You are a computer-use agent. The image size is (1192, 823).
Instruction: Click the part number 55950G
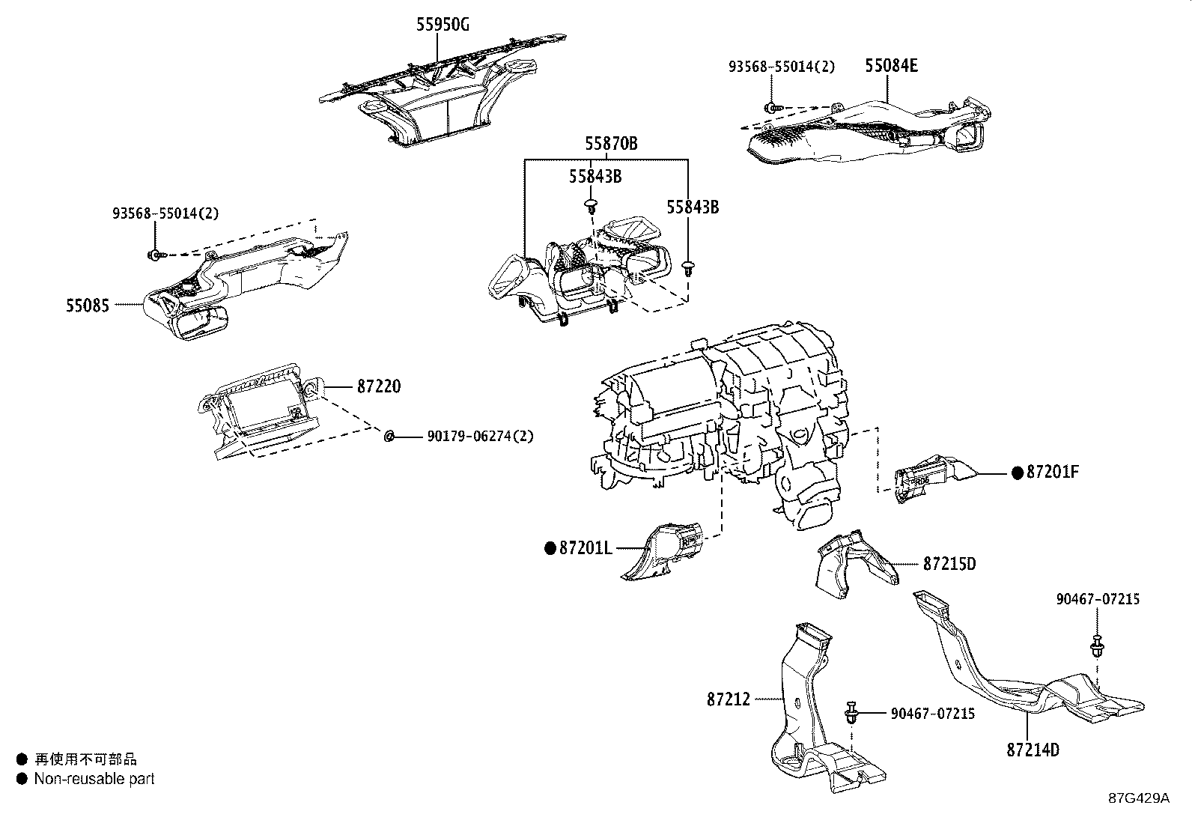click(x=443, y=25)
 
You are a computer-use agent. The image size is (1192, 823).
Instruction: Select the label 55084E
click(x=891, y=65)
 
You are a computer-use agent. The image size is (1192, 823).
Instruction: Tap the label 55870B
click(x=611, y=143)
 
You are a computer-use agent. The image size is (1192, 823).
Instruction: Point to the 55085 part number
click(x=88, y=306)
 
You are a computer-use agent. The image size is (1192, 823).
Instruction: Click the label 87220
click(x=378, y=386)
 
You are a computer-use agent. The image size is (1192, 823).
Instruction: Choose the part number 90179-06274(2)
click(x=480, y=436)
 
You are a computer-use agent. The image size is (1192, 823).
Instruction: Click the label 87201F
click(x=1053, y=472)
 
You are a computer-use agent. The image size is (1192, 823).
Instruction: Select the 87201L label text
click(x=586, y=548)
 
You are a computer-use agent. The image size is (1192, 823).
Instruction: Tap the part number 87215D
click(x=949, y=563)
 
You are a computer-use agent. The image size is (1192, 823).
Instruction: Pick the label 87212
click(x=728, y=699)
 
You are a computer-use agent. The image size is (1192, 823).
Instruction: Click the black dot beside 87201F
click(x=1017, y=473)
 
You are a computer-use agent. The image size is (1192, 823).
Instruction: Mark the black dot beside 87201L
click(x=550, y=548)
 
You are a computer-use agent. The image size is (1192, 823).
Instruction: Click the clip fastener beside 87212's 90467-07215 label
click(x=851, y=712)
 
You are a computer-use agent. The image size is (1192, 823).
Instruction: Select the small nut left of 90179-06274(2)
click(x=389, y=436)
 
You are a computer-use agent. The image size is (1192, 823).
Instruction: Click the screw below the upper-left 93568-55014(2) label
click(x=153, y=255)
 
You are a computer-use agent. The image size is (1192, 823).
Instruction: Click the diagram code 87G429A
click(x=1139, y=798)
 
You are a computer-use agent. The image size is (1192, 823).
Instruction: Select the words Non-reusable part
click(x=94, y=779)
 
